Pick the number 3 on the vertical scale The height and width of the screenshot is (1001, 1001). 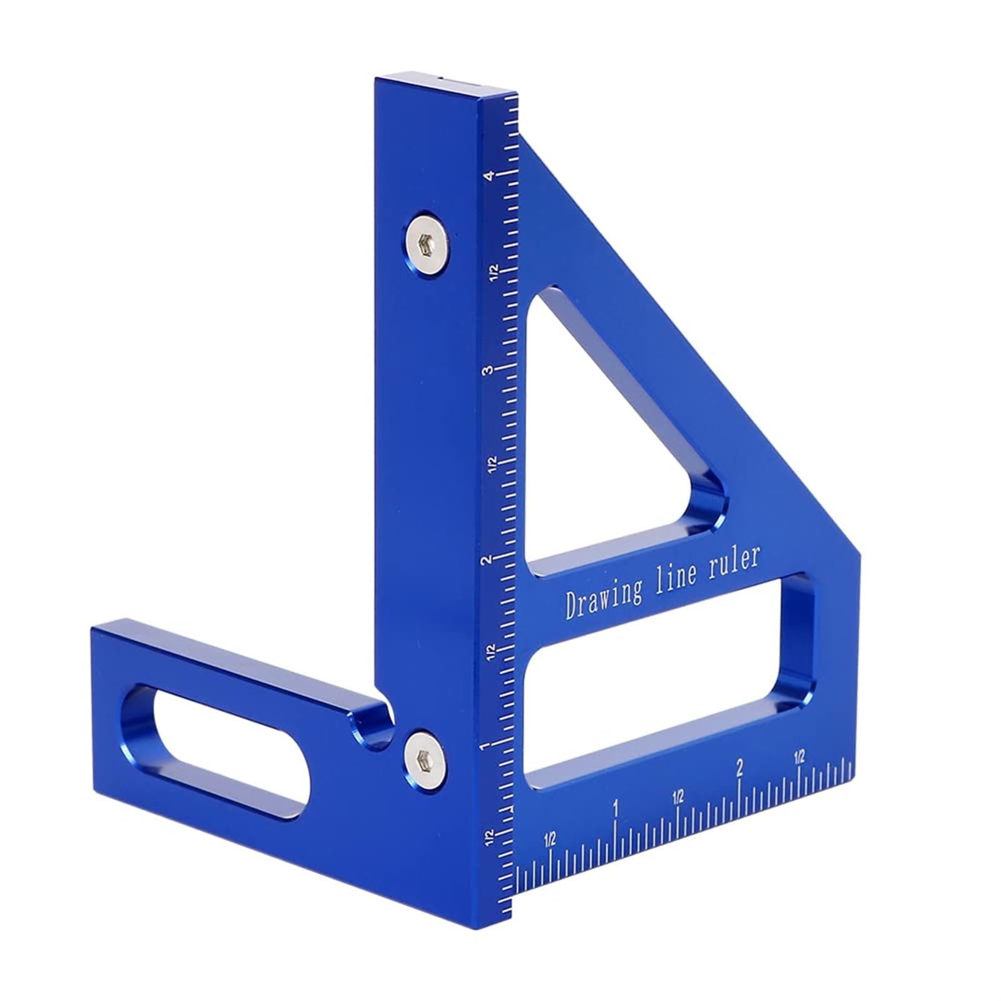coord(486,370)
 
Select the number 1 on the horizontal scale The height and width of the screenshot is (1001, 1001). coord(616,808)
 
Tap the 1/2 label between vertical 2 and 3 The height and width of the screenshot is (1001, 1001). coord(492,464)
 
